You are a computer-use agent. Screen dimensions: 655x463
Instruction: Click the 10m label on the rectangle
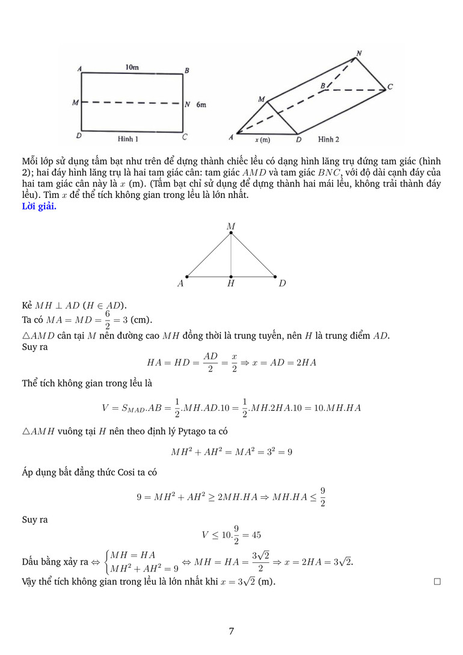pos(132,67)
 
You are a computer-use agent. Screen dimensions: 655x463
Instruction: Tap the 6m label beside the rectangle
pos(201,104)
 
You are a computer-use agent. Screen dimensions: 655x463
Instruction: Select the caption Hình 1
pos(129,139)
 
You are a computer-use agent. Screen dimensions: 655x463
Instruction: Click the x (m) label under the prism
pos(262,140)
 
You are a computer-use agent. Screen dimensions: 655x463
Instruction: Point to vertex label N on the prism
pos(359,54)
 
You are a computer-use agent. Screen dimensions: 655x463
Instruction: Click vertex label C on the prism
pos(390,87)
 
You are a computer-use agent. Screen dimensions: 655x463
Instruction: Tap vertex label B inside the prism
pos(322,87)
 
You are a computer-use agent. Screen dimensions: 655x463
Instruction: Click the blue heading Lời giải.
pos(39,206)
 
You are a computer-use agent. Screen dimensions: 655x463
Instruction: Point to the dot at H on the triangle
pos(231,277)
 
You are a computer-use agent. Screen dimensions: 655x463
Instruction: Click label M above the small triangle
pos(231,226)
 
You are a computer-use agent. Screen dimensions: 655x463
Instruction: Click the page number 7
pos(231,631)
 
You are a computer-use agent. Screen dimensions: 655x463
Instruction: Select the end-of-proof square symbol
pos(437,582)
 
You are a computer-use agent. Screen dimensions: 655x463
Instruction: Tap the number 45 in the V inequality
pos(255,535)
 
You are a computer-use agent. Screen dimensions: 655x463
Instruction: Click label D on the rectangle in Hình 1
pos(79,136)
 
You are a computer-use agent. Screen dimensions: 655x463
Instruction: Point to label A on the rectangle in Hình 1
pos(80,69)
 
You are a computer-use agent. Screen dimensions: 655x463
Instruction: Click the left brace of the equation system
pos(106,561)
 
